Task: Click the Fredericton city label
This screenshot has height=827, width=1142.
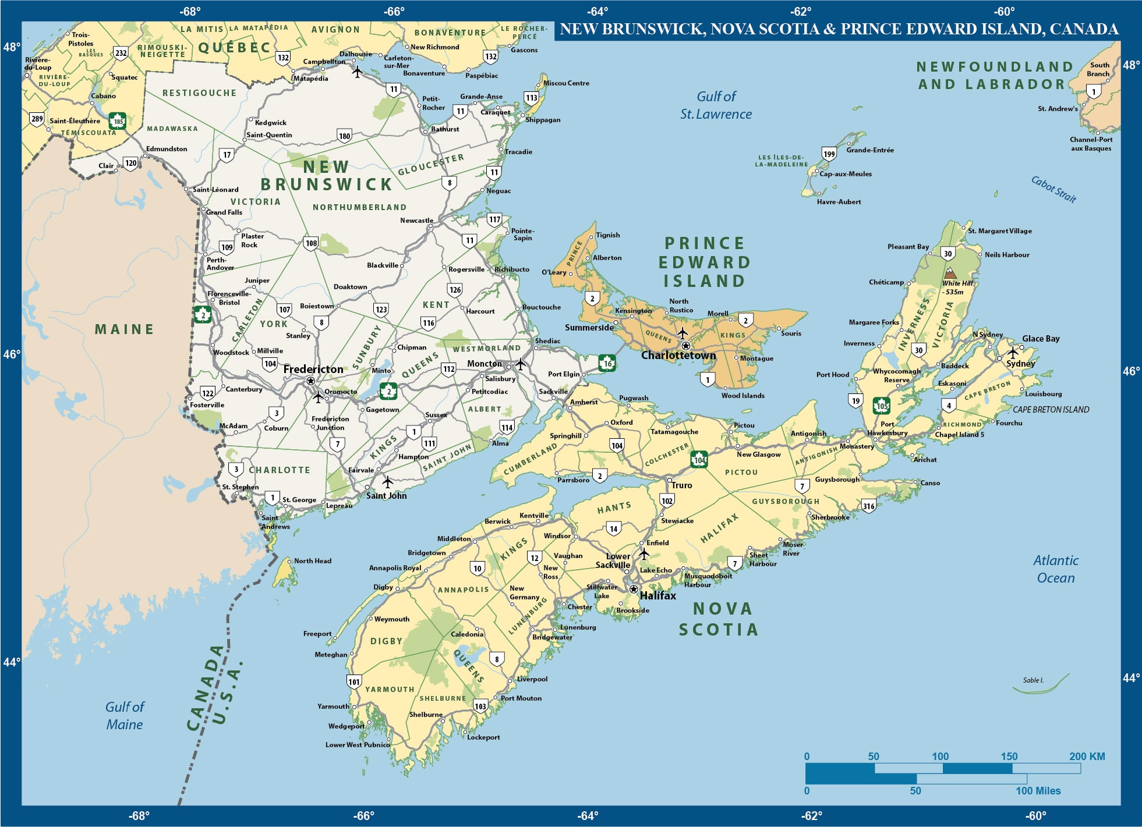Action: coord(313,369)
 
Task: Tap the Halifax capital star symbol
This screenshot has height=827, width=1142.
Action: coord(634,589)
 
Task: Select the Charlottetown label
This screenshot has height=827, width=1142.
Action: coord(678,355)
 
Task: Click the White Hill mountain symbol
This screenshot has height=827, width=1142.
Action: coord(950,273)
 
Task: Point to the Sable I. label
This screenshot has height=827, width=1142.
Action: coord(1033,680)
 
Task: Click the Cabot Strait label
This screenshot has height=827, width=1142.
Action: coord(1053,189)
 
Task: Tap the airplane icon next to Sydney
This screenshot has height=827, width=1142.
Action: coord(1013,352)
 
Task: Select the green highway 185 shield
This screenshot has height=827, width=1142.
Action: coord(118,121)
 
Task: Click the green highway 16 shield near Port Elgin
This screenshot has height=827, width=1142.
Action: coord(607,363)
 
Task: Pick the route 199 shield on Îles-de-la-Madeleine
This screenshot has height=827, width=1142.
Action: coord(829,154)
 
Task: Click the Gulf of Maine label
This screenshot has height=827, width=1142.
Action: coord(124,715)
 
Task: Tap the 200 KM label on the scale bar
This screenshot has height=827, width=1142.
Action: coord(1087,756)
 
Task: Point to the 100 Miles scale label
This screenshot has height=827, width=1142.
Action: coord(1038,790)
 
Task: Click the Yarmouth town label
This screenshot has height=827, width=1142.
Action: coord(333,706)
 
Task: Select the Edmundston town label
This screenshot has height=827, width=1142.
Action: coord(167,149)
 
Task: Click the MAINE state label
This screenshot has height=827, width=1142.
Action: coord(124,329)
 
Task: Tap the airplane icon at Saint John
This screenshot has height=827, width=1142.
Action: coord(387,482)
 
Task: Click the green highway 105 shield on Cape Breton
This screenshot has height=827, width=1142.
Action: coord(881,406)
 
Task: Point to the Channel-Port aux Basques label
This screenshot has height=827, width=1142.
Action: coord(1090,144)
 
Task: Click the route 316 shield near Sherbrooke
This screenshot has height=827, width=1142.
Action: coord(868,506)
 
